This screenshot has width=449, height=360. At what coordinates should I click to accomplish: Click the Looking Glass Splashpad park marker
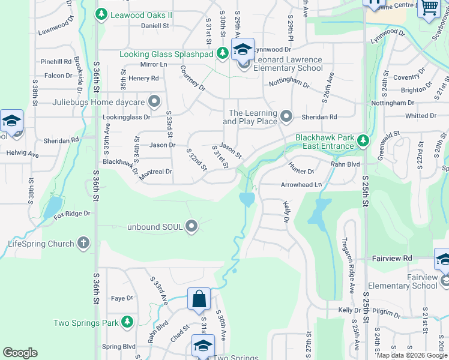223,54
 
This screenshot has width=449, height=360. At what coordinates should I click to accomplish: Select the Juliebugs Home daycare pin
155,102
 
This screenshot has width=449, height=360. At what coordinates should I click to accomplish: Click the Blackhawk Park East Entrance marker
363,142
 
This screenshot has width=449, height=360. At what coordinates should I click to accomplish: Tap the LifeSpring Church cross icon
83,244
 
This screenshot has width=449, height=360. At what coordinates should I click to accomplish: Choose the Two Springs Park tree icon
127,323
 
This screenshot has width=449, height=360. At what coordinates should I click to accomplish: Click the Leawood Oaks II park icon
102,14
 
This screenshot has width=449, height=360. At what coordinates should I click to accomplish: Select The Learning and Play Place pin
286,117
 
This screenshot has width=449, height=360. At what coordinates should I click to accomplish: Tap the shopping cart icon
429,8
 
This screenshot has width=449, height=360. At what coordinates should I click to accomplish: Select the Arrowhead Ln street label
301,185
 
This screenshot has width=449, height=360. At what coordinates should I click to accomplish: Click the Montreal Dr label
155,172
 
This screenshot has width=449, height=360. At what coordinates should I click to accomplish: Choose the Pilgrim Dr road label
385,313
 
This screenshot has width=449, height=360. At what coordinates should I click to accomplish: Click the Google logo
20,353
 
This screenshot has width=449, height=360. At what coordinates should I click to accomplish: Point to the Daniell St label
155,26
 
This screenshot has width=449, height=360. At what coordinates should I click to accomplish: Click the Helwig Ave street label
22,154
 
